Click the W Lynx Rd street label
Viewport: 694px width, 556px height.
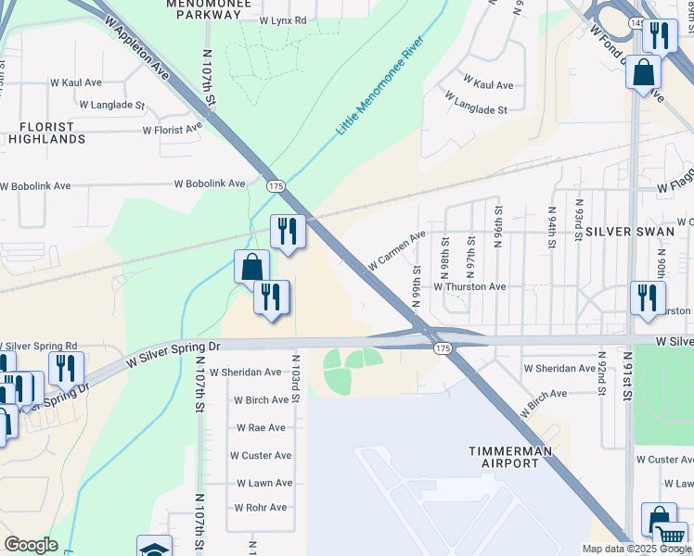point(283,19)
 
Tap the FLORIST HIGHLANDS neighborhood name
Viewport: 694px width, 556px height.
point(46,132)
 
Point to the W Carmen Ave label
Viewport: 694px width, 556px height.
point(396,250)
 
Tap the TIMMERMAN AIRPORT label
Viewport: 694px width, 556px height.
point(509,456)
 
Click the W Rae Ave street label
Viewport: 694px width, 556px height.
point(261,427)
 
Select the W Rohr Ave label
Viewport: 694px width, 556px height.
point(261,507)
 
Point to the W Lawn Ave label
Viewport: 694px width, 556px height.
point(263,483)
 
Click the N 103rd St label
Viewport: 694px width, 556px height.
point(296,377)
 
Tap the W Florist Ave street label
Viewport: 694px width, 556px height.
point(173,131)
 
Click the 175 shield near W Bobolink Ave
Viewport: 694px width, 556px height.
point(275,185)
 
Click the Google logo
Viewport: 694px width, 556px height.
point(31,545)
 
